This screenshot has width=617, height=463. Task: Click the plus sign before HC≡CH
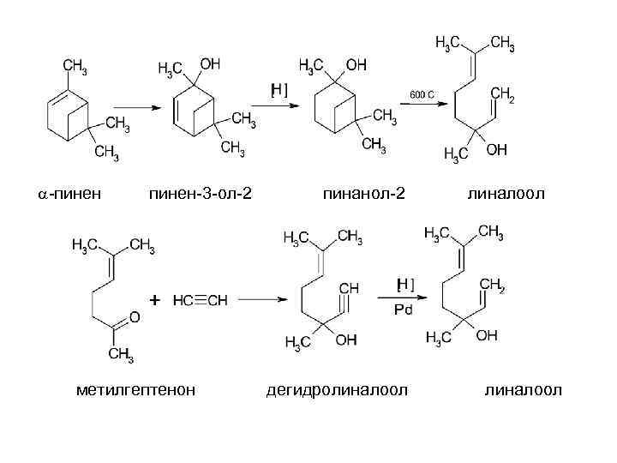point(154,300)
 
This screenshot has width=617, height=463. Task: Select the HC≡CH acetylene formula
point(200,301)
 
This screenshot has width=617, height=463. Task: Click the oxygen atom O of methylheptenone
point(134,320)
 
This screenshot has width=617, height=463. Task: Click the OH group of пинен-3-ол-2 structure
point(210,64)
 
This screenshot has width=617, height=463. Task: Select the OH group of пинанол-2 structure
point(356,64)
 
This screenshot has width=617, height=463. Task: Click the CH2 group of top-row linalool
point(501,97)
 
